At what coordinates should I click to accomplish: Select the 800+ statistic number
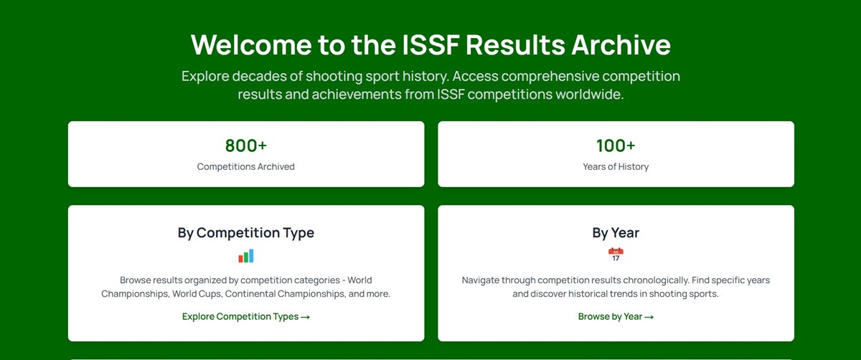click(x=246, y=146)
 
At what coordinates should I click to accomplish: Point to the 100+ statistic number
click(x=616, y=146)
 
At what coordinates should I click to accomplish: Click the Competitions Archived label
click(x=246, y=166)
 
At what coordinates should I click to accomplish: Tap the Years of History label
click(x=616, y=166)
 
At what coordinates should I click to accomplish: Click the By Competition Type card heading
click(x=246, y=232)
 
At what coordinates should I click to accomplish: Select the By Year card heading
click(x=616, y=232)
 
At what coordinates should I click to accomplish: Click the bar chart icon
click(x=246, y=255)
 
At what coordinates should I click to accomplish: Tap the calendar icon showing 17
click(x=616, y=255)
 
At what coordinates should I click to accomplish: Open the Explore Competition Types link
click(x=240, y=316)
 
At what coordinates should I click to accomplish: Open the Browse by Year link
click(x=610, y=316)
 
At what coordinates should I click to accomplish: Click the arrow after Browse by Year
click(x=649, y=316)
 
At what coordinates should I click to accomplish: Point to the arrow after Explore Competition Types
click(x=305, y=316)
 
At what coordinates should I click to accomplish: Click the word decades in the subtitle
click(x=263, y=76)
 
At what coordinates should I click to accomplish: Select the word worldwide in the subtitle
click(x=589, y=94)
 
